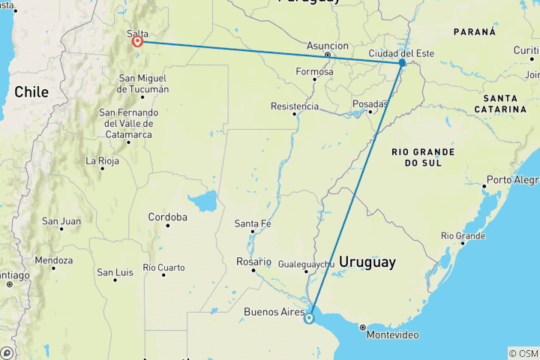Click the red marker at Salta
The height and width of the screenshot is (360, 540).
pyautogui.click(x=138, y=41)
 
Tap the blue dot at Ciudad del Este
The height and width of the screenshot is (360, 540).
pyautogui.click(x=402, y=63)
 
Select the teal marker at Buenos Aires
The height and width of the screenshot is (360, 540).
pyautogui.click(x=309, y=319)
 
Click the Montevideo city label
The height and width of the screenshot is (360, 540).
pyautogui.click(x=393, y=334)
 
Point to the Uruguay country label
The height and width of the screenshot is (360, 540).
pyautogui.click(x=367, y=262)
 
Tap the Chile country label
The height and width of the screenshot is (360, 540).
pyautogui.click(x=31, y=92)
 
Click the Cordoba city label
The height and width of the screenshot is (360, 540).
pyautogui.click(x=167, y=217)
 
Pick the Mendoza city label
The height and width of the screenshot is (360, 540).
pyautogui.click(x=53, y=261)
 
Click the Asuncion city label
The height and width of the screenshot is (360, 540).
pyautogui.click(x=328, y=46)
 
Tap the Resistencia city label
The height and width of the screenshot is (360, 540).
pyautogui.click(x=294, y=106)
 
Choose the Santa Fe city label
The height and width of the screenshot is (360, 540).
pyautogui.click(x=253, y=223)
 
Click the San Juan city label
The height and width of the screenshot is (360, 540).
pyautogui.click(x=61, y=221)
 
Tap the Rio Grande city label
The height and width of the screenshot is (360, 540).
pyautogui.click(x=463, y=235)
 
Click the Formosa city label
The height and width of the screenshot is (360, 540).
pyautogui.click(x=314, y=72)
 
